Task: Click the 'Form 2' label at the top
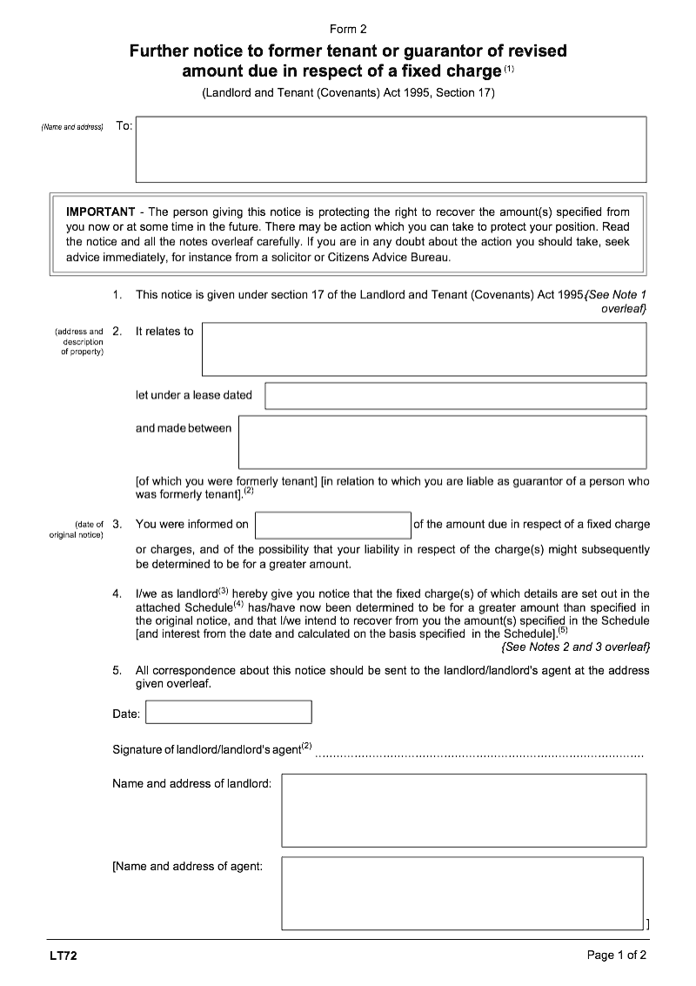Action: point(348,29)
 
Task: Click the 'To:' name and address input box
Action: point(391,149)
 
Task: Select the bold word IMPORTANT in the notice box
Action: point(100,211)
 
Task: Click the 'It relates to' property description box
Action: point(424,349)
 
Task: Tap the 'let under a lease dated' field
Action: point(455,396)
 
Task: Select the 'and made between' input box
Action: point(442,441)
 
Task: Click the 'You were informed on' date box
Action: point(332,525)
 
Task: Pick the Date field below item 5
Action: point(229,714)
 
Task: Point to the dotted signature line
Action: point(478,755)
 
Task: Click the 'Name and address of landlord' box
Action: point(464,809)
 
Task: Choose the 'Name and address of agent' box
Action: point(462,893)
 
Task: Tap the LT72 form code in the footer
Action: point(64,956)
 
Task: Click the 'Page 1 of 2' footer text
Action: point(617,956)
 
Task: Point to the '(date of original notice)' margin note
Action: point(77,529)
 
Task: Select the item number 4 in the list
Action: point(117,594)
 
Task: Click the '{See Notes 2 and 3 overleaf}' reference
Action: point(575,647)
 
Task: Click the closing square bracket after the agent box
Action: point(647,923)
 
